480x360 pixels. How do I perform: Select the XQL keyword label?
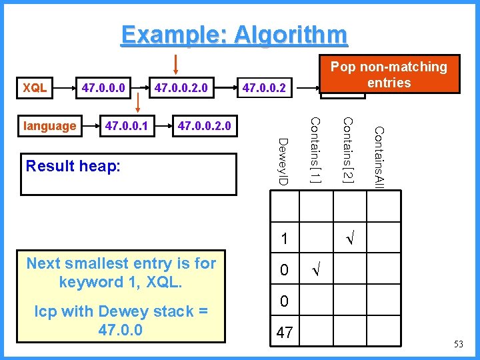pos(35,87)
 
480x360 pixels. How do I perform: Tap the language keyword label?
pos(49,126)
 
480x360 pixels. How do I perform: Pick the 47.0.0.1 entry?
pos(126,126)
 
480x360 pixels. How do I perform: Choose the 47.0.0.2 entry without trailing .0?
pos(264,87)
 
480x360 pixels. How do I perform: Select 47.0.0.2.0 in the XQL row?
pos(181,87)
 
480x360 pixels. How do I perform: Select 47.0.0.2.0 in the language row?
pos(201,126)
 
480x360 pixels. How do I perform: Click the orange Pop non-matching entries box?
pos(389,74)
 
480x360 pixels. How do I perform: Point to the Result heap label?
pos(73,165)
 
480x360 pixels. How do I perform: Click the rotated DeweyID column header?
pos(283,163)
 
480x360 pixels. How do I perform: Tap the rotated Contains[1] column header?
pos(317,150)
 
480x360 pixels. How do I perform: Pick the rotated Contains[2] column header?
pos(347,150)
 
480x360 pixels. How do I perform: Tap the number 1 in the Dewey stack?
pos(284,238)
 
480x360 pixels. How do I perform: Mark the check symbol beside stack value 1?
pos(347,238)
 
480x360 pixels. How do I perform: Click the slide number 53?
pos(457,343)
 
